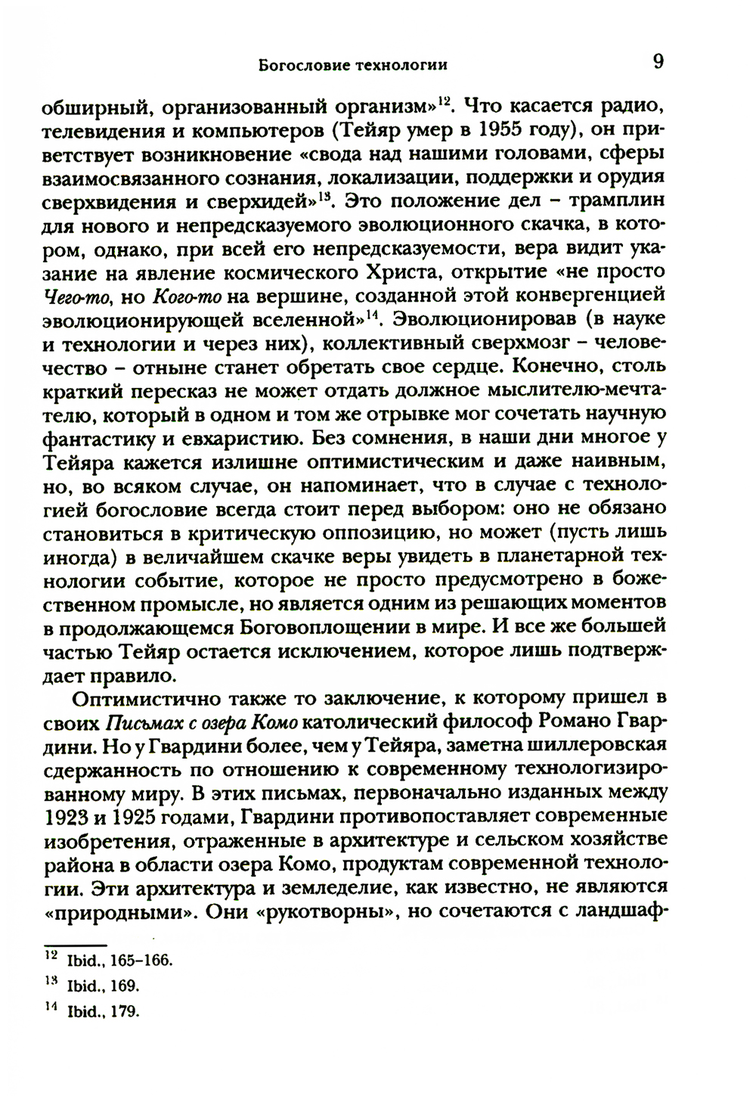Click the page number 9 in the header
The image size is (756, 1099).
coord(658,61)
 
